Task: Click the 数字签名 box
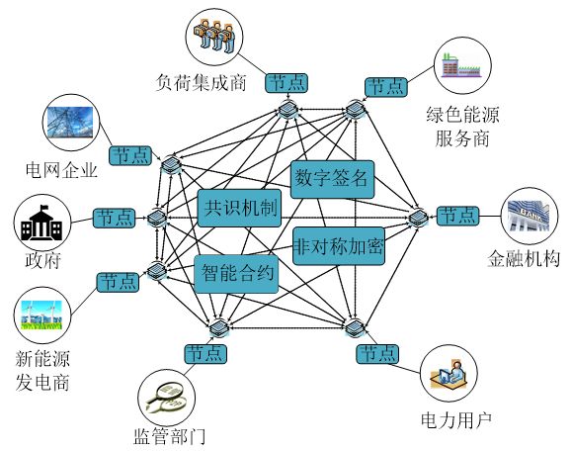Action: (x=332, y=179)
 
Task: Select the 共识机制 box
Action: (x=239, y=208)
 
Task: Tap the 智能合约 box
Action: (x=236, y=274)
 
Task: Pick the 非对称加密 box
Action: (x=339, y=245)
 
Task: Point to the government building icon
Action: (x=41, y=223)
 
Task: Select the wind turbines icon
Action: (x=41, y=315)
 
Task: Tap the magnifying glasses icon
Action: (x=166, y=398)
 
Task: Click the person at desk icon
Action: (x=449, y=374)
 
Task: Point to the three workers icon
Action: (x=214, y=36)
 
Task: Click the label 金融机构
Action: (x=524, y=258)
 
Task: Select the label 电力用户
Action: (x=456, y=420)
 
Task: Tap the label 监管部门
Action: (x=169, y=436)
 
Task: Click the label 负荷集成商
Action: (x=201, y=82)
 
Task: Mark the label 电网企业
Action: (x=61, y=169)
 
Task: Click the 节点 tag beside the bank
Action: (x=457, y=216)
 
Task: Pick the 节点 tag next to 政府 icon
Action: (x=115, y=219)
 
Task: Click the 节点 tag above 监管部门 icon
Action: (x=205, y=354)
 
